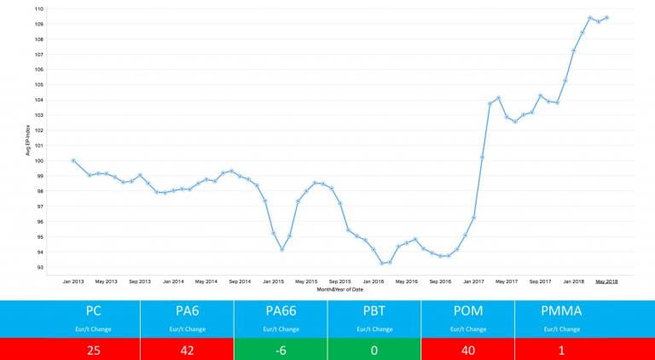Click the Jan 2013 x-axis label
click(x=72, y=281)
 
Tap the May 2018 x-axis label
click(x=606, y=281)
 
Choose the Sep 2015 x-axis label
click(x=339, y=281)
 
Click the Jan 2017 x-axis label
click(x=473, y=281)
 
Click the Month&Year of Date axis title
click(x=339, y=289)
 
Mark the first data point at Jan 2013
click(x=73, y=160)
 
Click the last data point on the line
click(x=606, y=17)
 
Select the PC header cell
click(x=95, y=311)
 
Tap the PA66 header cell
click(x=281, y=311)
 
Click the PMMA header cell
click(x=560, y=311)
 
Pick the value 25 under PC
click(x=95, y=349)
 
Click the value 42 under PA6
click(x=188, y=349)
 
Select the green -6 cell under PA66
click(x=281, y=349)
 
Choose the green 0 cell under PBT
click(x=374, y=349)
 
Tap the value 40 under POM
click(x=467, y=349)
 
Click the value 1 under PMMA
click(x=560, y=349)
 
